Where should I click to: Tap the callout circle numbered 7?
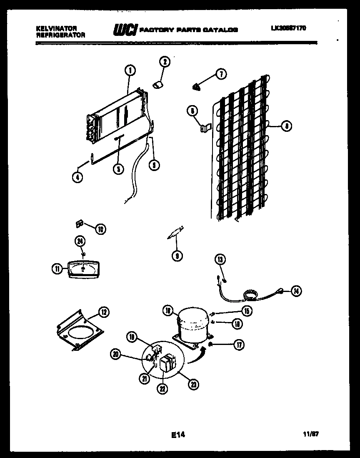click(220, 74)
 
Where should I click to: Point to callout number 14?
click(295, 291)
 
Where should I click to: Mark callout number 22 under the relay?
click(162, 388)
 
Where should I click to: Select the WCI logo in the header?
click(125, 30)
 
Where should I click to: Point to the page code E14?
click(178, 435)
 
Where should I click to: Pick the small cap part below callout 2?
click(158, 85)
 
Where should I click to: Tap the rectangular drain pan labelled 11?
click(83, 268)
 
